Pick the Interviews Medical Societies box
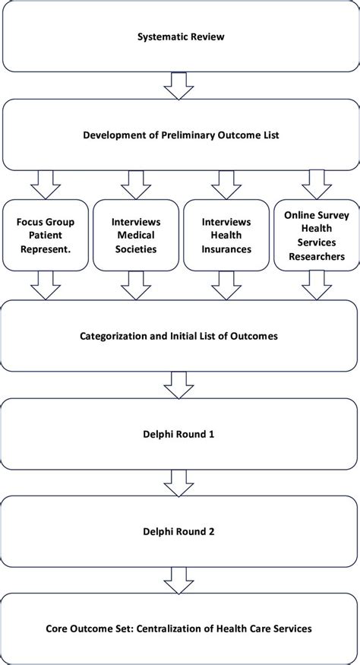135,235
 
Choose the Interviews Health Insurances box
226,235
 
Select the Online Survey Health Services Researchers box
314,235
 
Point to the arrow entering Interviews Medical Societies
135,184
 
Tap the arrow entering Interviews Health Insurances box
226,184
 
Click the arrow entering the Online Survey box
314,184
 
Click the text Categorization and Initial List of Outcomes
179,335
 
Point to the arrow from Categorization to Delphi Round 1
179,385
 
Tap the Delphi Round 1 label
179,434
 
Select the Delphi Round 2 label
179,532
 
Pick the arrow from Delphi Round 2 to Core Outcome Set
179,581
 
